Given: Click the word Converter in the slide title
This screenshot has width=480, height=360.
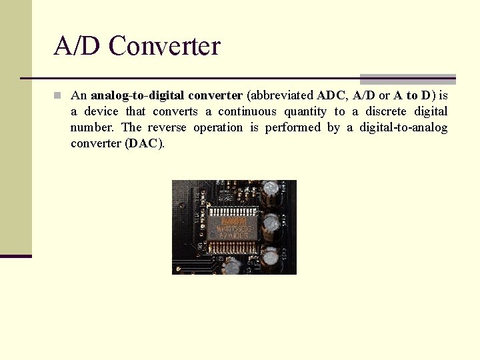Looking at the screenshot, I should click(x=164, y=46).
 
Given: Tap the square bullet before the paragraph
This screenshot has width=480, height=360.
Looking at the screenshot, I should click(x=58, y=95).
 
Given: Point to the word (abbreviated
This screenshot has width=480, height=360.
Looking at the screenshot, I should click(x=281, y=95).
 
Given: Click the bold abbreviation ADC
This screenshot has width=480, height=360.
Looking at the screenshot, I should click(x=332, y=95).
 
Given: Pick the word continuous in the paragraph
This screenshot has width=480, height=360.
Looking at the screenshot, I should click(x=247, y=111).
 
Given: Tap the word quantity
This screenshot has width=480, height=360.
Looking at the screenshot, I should click(x=305, y=111).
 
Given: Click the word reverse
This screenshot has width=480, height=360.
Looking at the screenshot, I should click(x=167, y=127).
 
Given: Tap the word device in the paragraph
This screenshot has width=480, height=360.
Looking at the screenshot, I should click(x=101, y=111).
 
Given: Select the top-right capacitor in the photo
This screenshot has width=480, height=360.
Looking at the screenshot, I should click(x=271, y=189).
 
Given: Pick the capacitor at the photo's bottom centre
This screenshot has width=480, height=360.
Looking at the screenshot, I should click(x=232, y=267).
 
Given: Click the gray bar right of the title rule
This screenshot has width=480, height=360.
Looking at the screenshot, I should click(x=408, y=79).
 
